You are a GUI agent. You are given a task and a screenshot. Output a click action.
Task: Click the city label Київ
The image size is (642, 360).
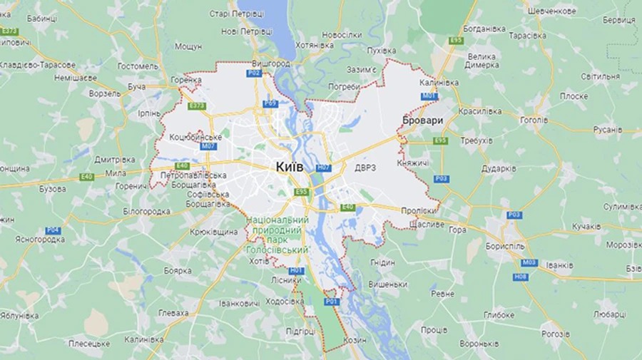point(290,166)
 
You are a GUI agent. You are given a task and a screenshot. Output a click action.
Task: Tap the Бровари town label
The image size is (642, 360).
point(422,120)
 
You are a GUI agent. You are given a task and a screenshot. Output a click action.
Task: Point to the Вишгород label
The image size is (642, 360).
point(271,63)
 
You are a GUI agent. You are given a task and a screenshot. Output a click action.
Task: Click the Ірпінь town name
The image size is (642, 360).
point(149,113)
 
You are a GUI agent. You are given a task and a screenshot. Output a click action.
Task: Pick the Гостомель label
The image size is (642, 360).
point(138,66)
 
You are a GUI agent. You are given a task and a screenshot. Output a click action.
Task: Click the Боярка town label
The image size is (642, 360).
point(178,271)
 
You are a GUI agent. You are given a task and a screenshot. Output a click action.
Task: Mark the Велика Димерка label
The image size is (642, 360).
point(483,61)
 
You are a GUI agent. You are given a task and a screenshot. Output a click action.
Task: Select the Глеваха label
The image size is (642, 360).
point(173,313)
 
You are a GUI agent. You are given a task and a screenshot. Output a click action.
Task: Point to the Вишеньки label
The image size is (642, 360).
point(388,284)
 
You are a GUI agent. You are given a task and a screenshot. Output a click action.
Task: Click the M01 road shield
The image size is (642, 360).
point(429,96)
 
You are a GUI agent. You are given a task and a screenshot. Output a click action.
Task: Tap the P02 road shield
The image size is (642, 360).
point(254,73)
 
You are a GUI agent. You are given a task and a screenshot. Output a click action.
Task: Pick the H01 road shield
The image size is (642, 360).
point(296,270)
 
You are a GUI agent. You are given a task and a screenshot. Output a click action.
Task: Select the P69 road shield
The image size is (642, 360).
point(270,103)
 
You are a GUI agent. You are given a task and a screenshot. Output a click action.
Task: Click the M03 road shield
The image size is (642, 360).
point(529,262)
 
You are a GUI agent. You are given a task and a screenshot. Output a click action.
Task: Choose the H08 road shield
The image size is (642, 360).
point(520,277)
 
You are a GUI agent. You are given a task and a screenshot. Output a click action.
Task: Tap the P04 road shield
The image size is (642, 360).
point(53,230)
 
